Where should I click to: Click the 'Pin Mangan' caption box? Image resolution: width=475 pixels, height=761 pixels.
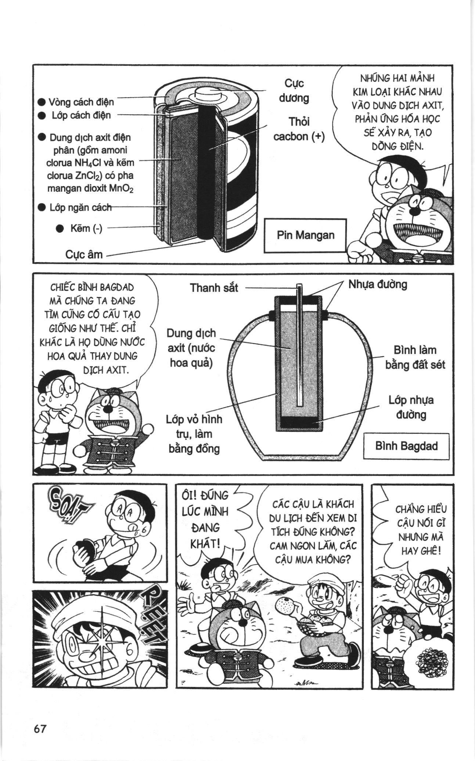point(305,235)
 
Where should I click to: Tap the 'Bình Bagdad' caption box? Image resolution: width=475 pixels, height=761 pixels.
point(406,446)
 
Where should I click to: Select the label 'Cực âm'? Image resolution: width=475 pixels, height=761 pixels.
point(84,254)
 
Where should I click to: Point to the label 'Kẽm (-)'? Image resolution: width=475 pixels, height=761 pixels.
point(86,228)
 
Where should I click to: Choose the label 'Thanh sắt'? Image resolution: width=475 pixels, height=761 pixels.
point(214,288)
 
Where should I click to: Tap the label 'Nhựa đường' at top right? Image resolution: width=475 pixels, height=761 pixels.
point(378,284)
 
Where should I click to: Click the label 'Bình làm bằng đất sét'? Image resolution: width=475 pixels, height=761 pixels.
point(415,357)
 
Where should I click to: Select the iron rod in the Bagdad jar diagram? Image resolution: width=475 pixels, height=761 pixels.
point(299,346)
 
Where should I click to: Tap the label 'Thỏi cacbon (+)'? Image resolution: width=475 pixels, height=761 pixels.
point(299,129)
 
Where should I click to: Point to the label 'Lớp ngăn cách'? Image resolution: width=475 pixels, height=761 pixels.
point(80,207)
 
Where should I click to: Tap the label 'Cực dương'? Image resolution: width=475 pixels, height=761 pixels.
point(294,90)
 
